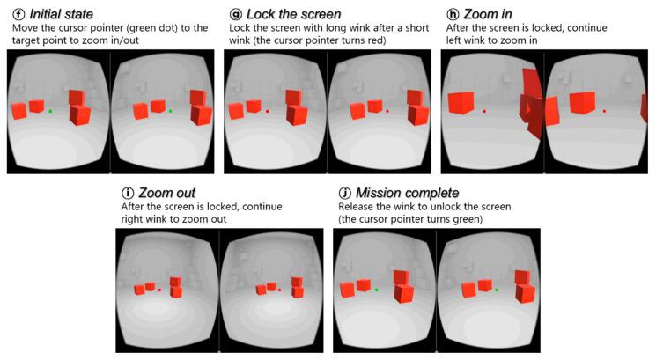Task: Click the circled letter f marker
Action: click(x=11, y=14)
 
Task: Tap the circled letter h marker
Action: click(x=453, y=14)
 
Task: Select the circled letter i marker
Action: click(x=127, y=192)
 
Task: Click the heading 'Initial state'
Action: click(x=64, y=14)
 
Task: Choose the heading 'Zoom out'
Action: click(x=167, y=192)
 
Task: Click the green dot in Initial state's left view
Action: click(x=50, y=111)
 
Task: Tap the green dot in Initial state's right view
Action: click(x=170, y=111)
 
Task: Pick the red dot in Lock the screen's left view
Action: click(x=268, y=111)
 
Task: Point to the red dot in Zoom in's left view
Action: click(x=484, y=111)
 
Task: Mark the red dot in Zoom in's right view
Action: click(x=604, y=111)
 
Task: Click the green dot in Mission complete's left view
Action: click(x=376, y=289)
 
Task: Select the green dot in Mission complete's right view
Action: click(x=496, y=289)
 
